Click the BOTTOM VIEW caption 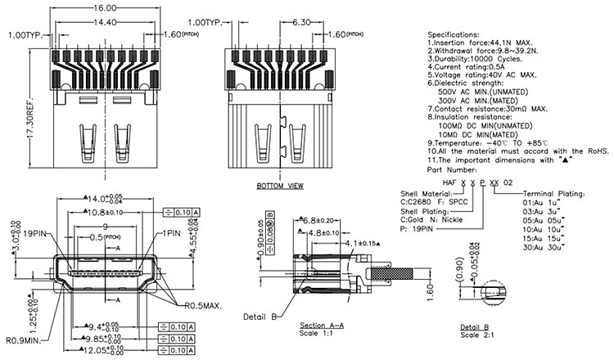280,186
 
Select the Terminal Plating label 554,194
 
